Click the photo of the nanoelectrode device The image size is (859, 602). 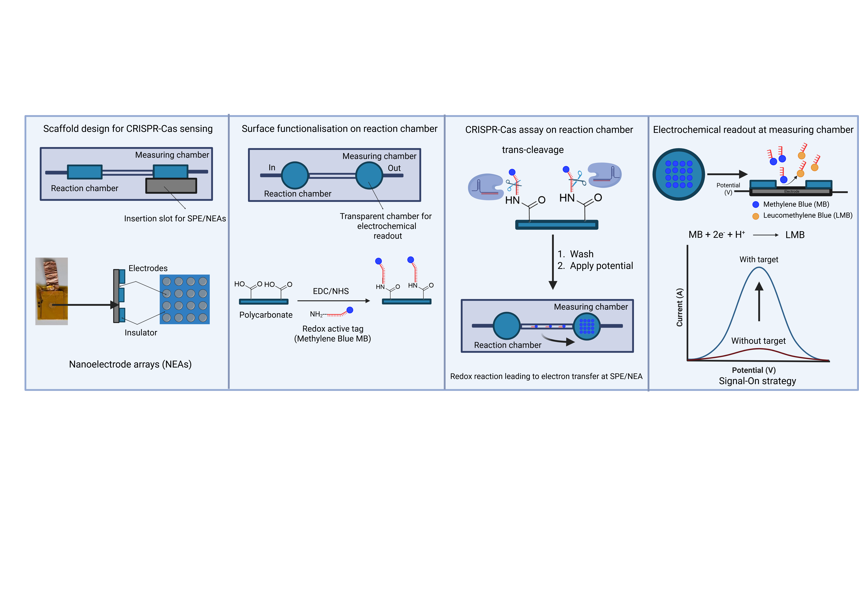point(52,291)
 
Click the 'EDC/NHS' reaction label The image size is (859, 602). point(331,291)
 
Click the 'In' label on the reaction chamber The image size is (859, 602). point(272,167)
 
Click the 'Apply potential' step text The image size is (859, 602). point(601,266)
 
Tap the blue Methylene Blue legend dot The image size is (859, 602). point(756,205)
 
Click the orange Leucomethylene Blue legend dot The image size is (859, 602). point(756,216)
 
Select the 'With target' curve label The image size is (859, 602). point(759,259)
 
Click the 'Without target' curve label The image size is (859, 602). point(758,341)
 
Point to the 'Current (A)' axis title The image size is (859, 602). point(679,307)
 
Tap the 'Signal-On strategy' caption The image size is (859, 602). point(757,381)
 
